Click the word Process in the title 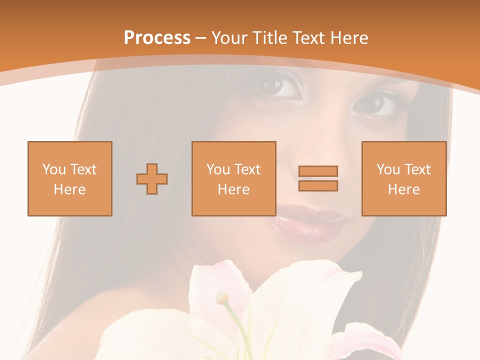(x=157, y=38)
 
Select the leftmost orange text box (x=69, y=178)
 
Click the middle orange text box (x=233, y=178)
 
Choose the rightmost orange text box (x=403, y=178)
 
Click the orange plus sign (x=152, y=178)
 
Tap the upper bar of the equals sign (x=318, y=171)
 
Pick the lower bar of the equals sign (x=318, y=186)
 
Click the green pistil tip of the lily (x=221, y=298)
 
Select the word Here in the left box (x=69, y=189)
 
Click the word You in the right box (x=388, y=169)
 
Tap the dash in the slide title (x=201, y=38)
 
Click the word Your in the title (x=230, y=38)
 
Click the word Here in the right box (x=403, y=189)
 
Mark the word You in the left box (x=54, y=169)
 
